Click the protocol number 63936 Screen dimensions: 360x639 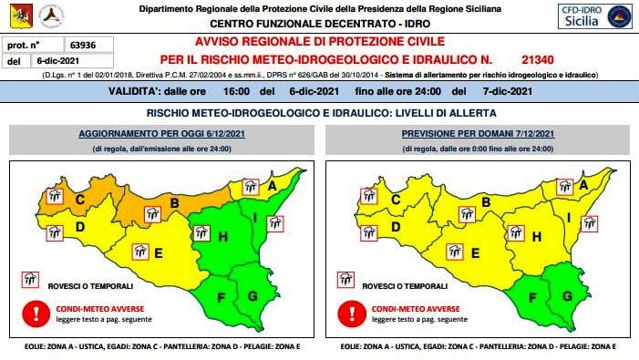tap(84, 45)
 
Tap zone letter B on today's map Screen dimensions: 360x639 tap(173, 202)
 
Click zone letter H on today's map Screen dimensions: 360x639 tap(222, 237)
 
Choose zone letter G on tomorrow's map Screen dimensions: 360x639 tap(567, 295)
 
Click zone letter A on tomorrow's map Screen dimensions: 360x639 tap(583, 184)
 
